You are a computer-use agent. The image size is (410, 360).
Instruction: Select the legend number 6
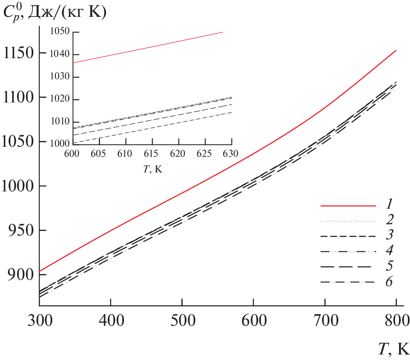389,282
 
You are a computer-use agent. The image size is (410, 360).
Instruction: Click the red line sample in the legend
348,206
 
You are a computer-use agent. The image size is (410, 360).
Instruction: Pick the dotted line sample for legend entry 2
348,221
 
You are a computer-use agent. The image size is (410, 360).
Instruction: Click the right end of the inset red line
222,32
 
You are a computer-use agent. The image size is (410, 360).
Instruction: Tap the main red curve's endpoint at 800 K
396,50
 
